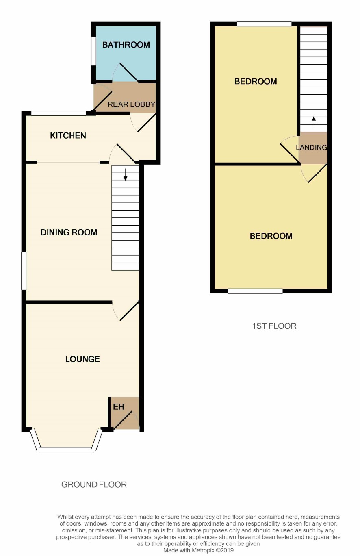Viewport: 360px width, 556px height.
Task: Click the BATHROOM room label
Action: click(126, 45)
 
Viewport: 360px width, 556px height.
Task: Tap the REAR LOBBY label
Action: click(132, 104)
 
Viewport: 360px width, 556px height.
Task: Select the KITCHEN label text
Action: click(68, 135)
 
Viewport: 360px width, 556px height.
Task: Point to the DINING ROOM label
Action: click(69, 232)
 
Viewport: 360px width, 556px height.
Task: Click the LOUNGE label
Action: click(82, 359)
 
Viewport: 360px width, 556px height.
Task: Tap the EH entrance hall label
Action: click(118, 406)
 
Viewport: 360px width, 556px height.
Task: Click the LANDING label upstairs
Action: click(311, 148)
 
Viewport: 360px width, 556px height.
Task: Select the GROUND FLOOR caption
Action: click(94, 484)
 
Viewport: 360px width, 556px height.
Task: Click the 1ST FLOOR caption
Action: click(274, 326)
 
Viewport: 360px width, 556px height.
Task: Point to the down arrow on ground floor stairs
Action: click(125, 174)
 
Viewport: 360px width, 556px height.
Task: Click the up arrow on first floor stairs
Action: click(314, 122)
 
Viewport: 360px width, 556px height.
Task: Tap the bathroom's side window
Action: click(93, 51)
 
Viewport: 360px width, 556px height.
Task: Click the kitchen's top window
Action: click(59, 113)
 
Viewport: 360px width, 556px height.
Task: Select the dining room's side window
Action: click(24, 271)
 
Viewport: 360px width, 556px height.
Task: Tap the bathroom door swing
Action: click(126, 72)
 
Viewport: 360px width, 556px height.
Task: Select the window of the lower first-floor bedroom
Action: click(255, 291)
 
